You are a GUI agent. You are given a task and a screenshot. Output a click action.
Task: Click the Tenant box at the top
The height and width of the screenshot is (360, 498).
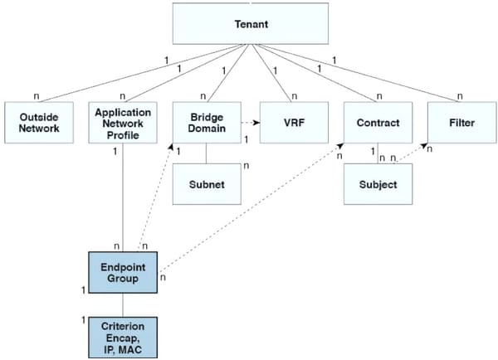(246, 24)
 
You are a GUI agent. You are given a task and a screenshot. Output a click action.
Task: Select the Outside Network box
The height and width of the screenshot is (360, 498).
(39, 123)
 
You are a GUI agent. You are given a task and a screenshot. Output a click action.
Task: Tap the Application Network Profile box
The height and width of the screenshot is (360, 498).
(121, 123)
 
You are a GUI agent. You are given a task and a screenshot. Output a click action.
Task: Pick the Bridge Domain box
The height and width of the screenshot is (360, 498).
(207, 123)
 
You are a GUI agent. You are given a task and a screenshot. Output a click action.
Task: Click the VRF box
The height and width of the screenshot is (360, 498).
(292, 123)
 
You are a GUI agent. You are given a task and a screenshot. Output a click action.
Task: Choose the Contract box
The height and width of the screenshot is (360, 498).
(378, 123)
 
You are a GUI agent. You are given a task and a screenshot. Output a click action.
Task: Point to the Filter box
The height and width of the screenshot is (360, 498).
(462, 123)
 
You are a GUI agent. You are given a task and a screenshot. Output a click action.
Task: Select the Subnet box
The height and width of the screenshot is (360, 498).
(207, 183)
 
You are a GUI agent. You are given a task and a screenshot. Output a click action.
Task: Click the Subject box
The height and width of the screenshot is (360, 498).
(378, 183)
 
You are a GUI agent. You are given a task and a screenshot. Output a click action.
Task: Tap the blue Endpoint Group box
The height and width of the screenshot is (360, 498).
(124, 273)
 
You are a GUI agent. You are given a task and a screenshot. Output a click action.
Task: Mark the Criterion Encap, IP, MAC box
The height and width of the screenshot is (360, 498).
(124, 335)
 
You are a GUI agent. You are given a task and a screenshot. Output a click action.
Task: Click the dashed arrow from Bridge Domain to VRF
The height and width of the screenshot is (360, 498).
(250, 123)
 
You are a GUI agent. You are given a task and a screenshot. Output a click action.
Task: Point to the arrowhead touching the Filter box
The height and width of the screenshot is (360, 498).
(426, 147)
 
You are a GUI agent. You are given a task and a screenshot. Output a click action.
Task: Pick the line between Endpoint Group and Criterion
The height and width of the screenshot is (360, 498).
(124, 304)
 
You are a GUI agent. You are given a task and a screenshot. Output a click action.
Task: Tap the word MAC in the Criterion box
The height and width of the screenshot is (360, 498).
(135, 348)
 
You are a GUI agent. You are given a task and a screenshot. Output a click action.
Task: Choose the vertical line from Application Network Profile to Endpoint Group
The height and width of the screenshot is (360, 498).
(124, 199)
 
